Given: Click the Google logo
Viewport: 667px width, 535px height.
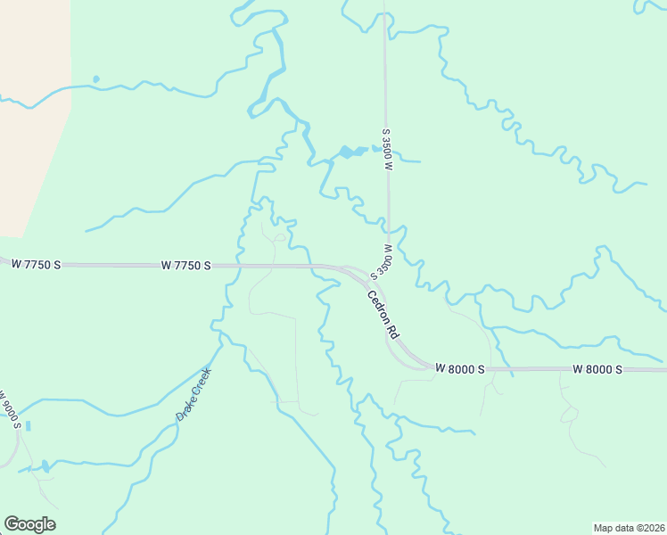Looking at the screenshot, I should click(x=29, y=524).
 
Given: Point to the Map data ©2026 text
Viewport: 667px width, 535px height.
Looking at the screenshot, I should click(x=629, y=526).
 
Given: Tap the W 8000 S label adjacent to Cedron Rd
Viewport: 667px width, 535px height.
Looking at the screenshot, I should click(x=460, y=368).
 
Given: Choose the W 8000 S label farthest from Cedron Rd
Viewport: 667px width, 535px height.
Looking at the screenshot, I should click(x=597, y=368).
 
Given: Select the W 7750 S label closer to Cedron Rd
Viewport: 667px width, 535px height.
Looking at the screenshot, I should click(x=185, y=265).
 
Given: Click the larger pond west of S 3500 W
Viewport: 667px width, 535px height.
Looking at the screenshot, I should click(x=347, y=152).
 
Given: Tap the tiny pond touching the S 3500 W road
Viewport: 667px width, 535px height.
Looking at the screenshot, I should click(x=375, y=148).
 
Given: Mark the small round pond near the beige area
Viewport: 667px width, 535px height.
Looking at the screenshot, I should click(x=95, y=78).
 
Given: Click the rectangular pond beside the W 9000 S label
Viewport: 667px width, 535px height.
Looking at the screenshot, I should click(x=28, y=426).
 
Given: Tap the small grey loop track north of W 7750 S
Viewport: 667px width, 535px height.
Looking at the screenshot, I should click(x=280, y=237).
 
